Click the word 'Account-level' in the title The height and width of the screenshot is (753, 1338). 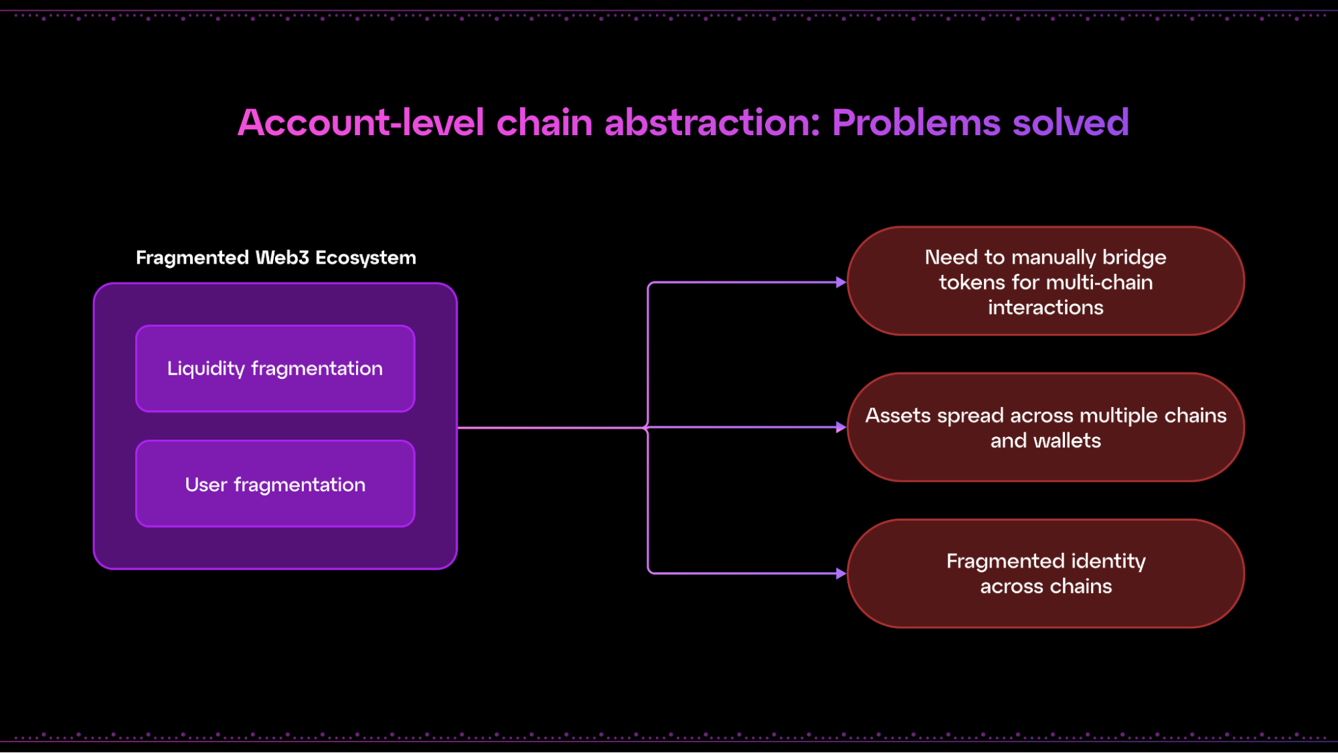pyautogui.click(x=361, y=122)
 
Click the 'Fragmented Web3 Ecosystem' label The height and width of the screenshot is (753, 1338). pyautogui.click(x=276, y=258)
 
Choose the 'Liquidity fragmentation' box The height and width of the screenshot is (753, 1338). pyautogui.click(x=275, y=369)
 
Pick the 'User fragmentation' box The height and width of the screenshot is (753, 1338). pyautogui.click(x=275, y=484)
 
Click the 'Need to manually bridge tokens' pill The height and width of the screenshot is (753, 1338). pyautogui.click(x=1046, y=281)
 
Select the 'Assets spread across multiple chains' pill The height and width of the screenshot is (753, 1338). pyautogui.click(x=1046, y=428)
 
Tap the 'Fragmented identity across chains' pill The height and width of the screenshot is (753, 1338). pyautogui.click(x=1046, y=574)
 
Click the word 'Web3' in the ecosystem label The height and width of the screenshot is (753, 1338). pyautogui.click(x=282, y=258)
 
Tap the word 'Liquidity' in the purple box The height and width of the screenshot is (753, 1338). pyautogui.click(x=206, y=369)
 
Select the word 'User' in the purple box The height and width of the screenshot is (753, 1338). pyautogui.click(x=206, y=485)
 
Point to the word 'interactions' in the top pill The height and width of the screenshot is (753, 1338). pyautogui.click(x=1046, y=308)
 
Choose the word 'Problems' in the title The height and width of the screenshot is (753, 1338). pyautogui.click(x=916, y=122)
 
